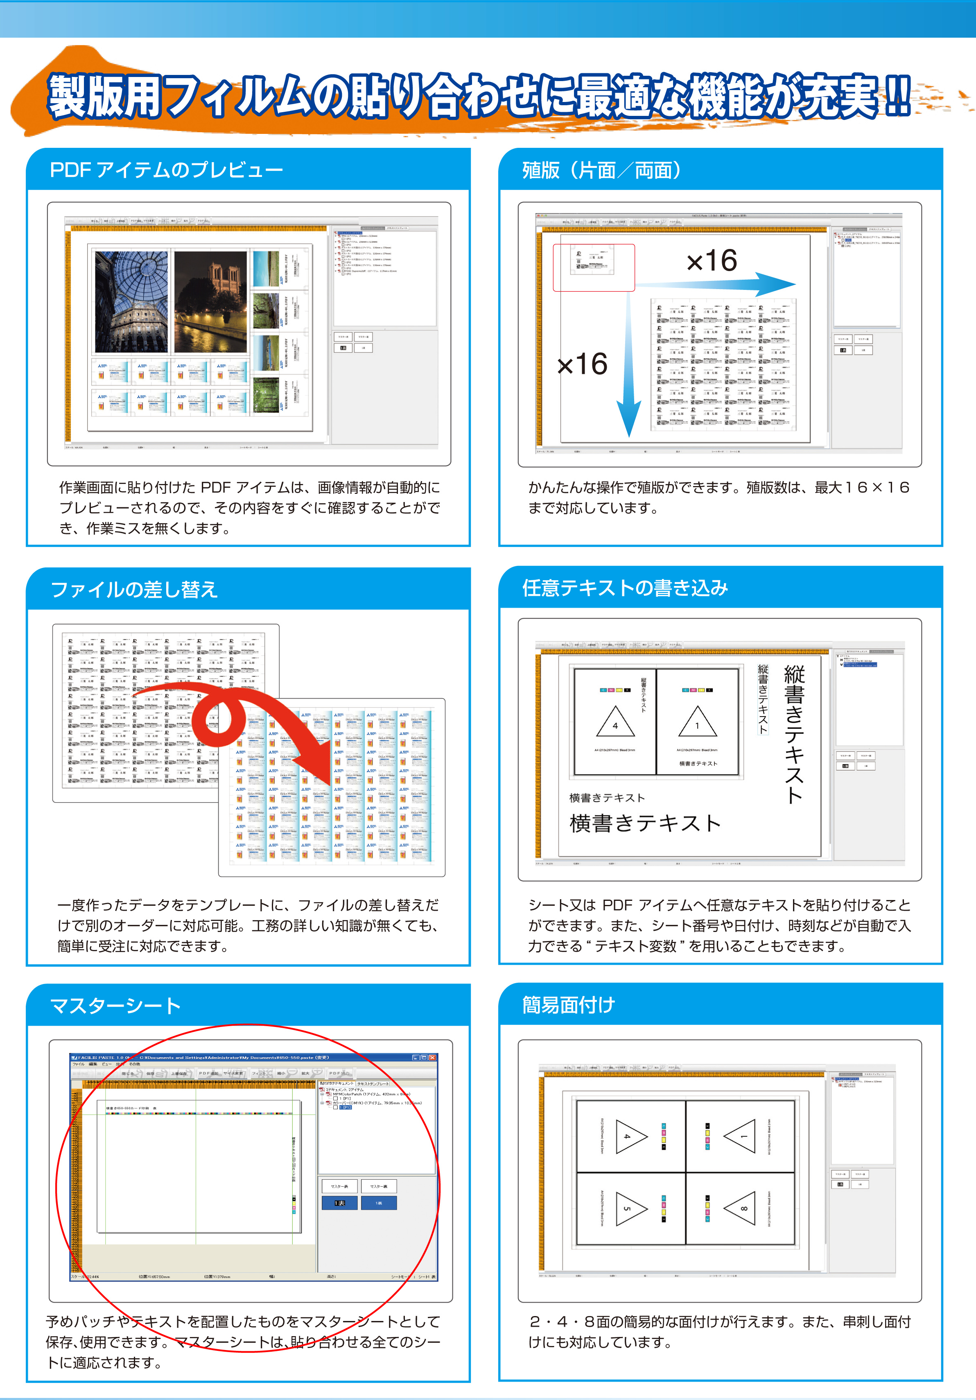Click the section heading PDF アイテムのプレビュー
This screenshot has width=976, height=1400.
coord(166,170)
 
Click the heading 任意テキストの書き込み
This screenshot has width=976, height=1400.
coord(625,588)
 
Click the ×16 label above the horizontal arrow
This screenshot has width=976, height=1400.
coord(712,261)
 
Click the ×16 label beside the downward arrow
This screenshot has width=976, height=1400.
coord(582,364)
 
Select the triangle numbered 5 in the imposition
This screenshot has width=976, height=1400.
coord(630,1208)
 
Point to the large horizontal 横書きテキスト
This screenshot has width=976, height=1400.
coord(645,823)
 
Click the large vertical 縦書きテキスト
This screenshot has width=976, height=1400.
coord(794,735)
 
